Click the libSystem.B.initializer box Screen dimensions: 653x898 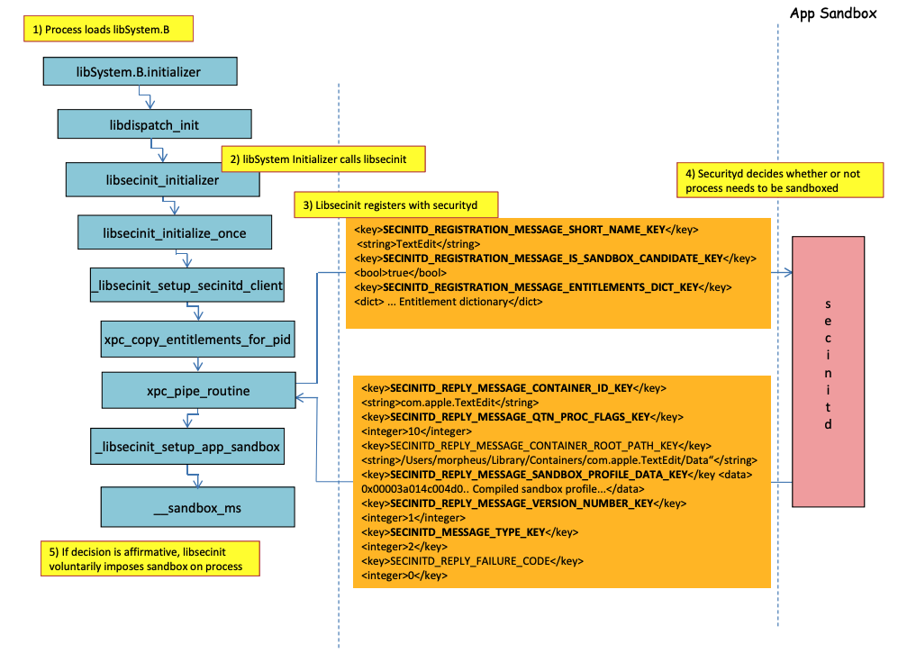tap(140, 70)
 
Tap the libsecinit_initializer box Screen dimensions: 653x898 tap(162, 179)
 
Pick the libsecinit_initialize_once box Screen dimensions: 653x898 tap(175, 232)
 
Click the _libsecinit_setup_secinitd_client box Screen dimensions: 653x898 tap(187, 286)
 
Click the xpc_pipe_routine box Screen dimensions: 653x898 tap(199, 391)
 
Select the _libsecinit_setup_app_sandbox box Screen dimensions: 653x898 tap(186, 445)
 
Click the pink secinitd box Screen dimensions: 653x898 tap(828, 371)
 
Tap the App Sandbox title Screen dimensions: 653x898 tap(832, 14)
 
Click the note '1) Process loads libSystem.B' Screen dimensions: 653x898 tap(107, 30)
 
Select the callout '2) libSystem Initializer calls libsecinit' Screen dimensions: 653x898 tap(323, 159)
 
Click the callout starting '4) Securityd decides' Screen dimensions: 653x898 tap(773, 180)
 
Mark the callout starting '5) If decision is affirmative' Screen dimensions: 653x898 tap(149, 558)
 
